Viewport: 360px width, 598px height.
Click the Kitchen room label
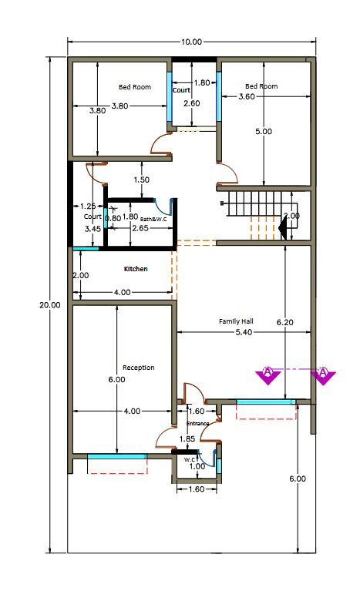click(x=136, y=269)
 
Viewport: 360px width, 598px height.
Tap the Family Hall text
click(x=236, y=321)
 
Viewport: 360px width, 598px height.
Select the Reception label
click(x=138, y=368)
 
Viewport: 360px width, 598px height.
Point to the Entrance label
click(x=197, y=423)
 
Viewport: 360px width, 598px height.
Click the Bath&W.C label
click(x=154, y=219)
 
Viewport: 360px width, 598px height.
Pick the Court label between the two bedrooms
click(x=181, y=90)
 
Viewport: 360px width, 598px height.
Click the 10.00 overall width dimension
click(x=191, y=42)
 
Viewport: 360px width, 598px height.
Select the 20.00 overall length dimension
click(x=49, y=304)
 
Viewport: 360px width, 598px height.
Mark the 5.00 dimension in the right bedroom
click(x=264, y=131)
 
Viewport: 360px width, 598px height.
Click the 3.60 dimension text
click(x=246, y=96)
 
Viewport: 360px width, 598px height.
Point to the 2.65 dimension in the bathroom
click(x=140, y=228)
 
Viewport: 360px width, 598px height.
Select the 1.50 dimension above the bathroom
click(x=141, y=180)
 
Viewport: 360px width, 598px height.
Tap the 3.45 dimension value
click(x=92, y=229)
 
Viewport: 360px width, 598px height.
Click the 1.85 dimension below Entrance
click(x=187, y=439)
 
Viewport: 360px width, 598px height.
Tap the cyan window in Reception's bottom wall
click(x=117, y=457)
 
